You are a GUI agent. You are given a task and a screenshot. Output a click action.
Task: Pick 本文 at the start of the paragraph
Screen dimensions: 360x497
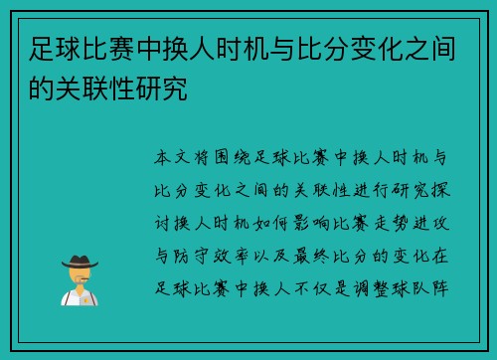coord(175,158)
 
